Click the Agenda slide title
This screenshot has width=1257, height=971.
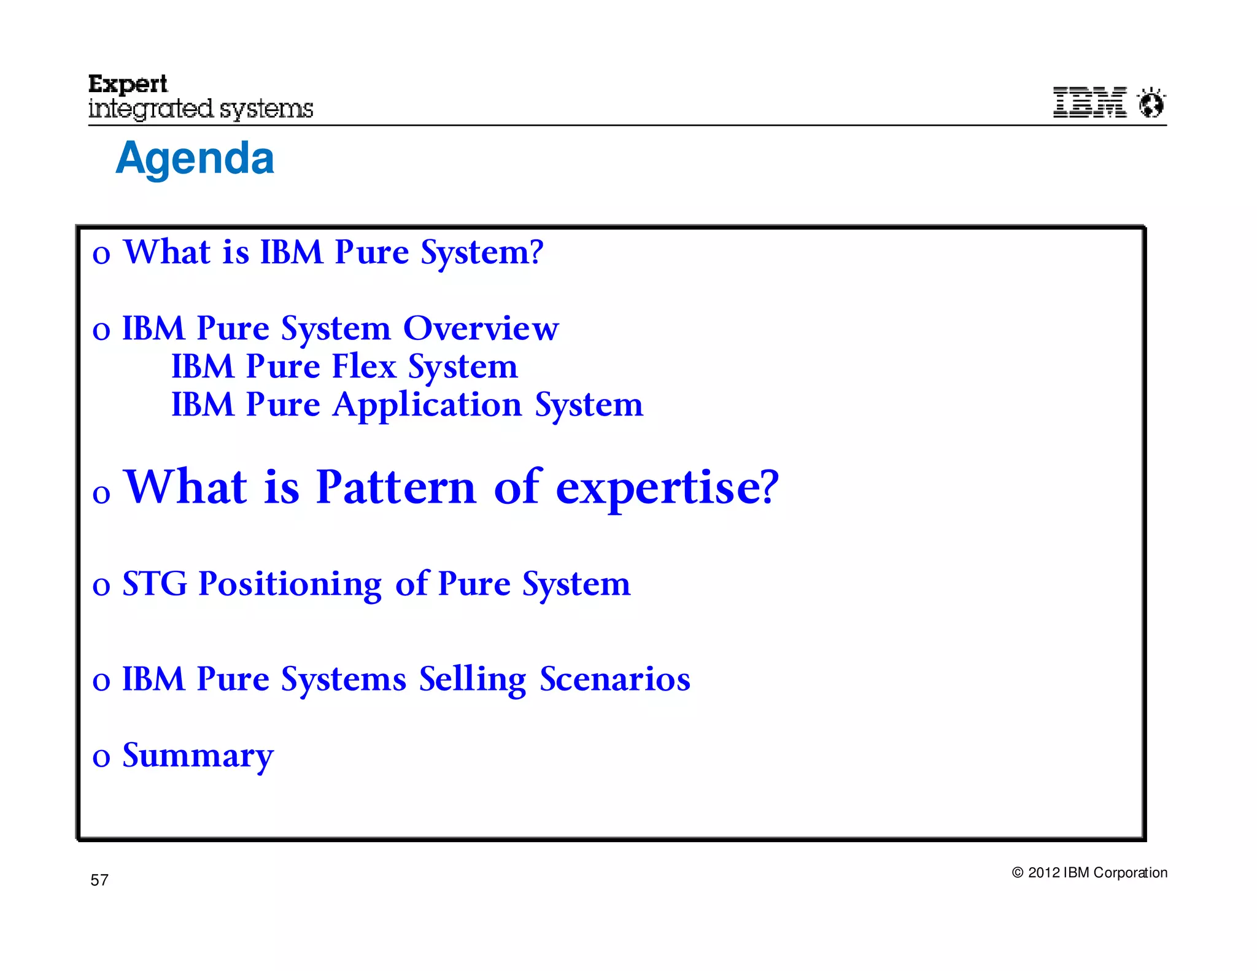195,158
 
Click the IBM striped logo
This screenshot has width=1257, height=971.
1089,102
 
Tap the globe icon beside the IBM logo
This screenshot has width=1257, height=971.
1151,103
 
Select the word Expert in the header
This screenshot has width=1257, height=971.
128,84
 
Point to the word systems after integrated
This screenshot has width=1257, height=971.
266,110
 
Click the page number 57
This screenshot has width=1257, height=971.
99,880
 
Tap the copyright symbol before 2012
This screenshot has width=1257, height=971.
1018,873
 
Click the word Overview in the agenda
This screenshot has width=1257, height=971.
481,328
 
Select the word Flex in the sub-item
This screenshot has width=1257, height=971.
364,366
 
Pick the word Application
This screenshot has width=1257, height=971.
427,406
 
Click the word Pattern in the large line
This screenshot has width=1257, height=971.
396,487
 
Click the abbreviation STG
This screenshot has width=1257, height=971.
155,584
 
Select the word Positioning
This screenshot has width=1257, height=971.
290,585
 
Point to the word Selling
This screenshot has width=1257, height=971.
473,680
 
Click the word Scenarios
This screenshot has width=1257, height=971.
615,679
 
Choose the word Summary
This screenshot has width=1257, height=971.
198,756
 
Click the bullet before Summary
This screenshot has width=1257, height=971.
101,758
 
